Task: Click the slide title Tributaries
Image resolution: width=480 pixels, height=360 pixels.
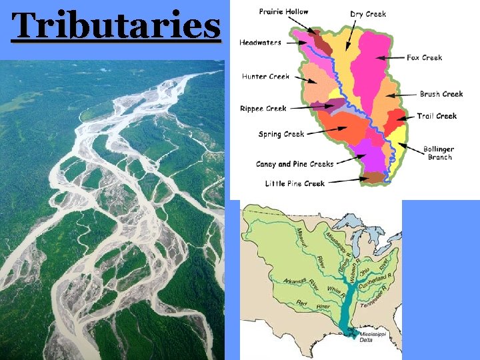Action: (117, 27)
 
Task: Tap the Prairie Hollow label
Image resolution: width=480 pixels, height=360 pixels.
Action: (283, 12)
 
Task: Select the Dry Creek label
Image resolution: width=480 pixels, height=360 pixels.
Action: (368, 14)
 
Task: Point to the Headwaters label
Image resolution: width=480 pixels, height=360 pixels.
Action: (260, 43)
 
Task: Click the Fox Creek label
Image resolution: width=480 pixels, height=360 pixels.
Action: (424, 58)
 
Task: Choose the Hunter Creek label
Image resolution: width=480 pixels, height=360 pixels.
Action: (265, 77)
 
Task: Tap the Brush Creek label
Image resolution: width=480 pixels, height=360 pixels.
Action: (441, 94)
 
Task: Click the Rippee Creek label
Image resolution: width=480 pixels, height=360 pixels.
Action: (263, 108)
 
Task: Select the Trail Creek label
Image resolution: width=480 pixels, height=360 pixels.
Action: (437, 116)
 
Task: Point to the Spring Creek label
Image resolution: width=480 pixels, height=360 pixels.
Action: (281, 134)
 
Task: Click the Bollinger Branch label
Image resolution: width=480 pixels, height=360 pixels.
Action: (439, 153)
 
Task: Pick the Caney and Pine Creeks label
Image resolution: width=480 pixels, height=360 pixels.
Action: (295, 164)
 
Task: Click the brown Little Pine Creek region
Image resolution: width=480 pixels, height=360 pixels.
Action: (374, 177)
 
